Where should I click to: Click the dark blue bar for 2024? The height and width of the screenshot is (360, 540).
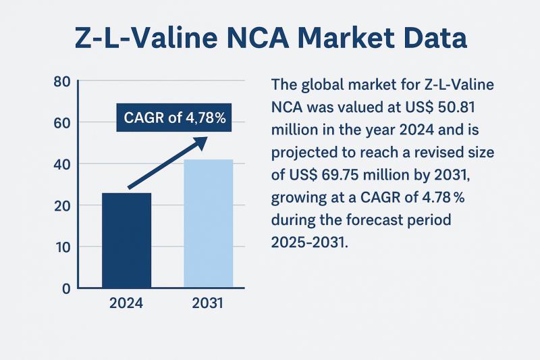126,240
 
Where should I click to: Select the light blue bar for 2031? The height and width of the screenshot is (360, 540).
209,224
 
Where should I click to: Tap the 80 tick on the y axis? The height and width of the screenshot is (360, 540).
61,82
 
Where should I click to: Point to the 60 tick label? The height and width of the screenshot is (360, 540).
61,123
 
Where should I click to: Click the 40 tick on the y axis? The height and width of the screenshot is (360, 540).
61,164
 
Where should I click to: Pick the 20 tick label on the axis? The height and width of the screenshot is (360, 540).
61,205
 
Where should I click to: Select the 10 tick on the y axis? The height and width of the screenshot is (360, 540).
61,247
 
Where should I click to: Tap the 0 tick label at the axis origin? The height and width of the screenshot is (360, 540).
65,288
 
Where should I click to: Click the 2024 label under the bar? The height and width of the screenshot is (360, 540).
126,303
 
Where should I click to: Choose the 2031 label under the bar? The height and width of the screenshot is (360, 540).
209,303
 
